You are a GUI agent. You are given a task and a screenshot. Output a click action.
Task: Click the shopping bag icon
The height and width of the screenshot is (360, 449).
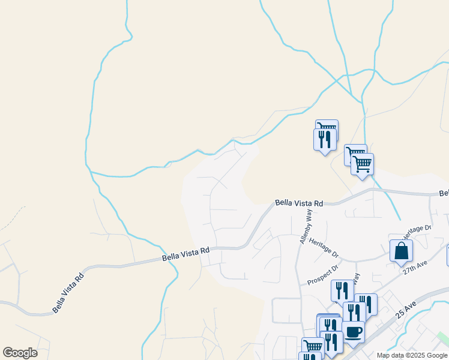pyautogui.click(x=401, y=251)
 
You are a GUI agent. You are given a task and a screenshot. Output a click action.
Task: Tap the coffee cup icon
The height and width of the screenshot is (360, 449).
pyautogui.click(x=353, y=331)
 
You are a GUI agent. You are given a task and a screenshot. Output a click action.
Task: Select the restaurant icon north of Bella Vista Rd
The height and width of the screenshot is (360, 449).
pyautogui.click(x=325, y=140)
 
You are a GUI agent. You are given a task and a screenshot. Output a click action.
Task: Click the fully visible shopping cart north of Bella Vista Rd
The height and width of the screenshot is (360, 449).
pyautogui.click(x=362, y=163)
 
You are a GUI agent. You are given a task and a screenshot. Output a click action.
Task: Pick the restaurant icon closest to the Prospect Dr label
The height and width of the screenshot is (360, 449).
pyautogui.click(x=342, y=290)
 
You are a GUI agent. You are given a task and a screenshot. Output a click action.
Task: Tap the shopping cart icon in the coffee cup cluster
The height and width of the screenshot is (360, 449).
pyautogui.click(x=313, y=346)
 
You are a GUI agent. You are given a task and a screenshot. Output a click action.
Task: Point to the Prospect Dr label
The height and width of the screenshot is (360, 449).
pyautogui.click(x=324, y=274)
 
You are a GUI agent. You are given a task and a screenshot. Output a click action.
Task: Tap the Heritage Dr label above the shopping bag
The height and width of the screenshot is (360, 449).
pyautogui.click(x=417, y=230)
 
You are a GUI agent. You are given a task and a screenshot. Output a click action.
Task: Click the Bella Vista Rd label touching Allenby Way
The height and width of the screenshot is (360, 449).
pyautogui.click(x=299, y=203)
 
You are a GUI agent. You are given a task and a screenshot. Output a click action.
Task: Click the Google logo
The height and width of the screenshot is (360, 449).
pyautogui.click(x=20, y=353)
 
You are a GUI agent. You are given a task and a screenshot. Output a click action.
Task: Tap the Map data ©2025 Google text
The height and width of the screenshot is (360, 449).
pyautogui.click(x=412, y=355)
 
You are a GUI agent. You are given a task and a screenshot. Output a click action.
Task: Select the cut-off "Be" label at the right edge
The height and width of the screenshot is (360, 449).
pyautogui.click(x=444, y=194)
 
